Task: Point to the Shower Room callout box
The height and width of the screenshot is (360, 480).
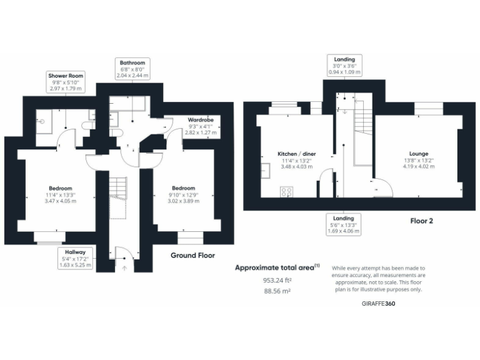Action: tap(66, 82)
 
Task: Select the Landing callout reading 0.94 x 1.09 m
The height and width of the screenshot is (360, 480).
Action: tap(344, 66)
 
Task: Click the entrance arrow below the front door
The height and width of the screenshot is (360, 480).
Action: tap(124, 268)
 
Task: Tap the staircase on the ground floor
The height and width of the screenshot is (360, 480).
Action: tap(118, 187)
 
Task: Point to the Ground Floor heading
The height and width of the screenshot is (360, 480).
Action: tap(192, 255)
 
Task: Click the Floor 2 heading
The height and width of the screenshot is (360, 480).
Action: tap(421, 221)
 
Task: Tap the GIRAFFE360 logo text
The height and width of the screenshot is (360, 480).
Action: tap(378, 303)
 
